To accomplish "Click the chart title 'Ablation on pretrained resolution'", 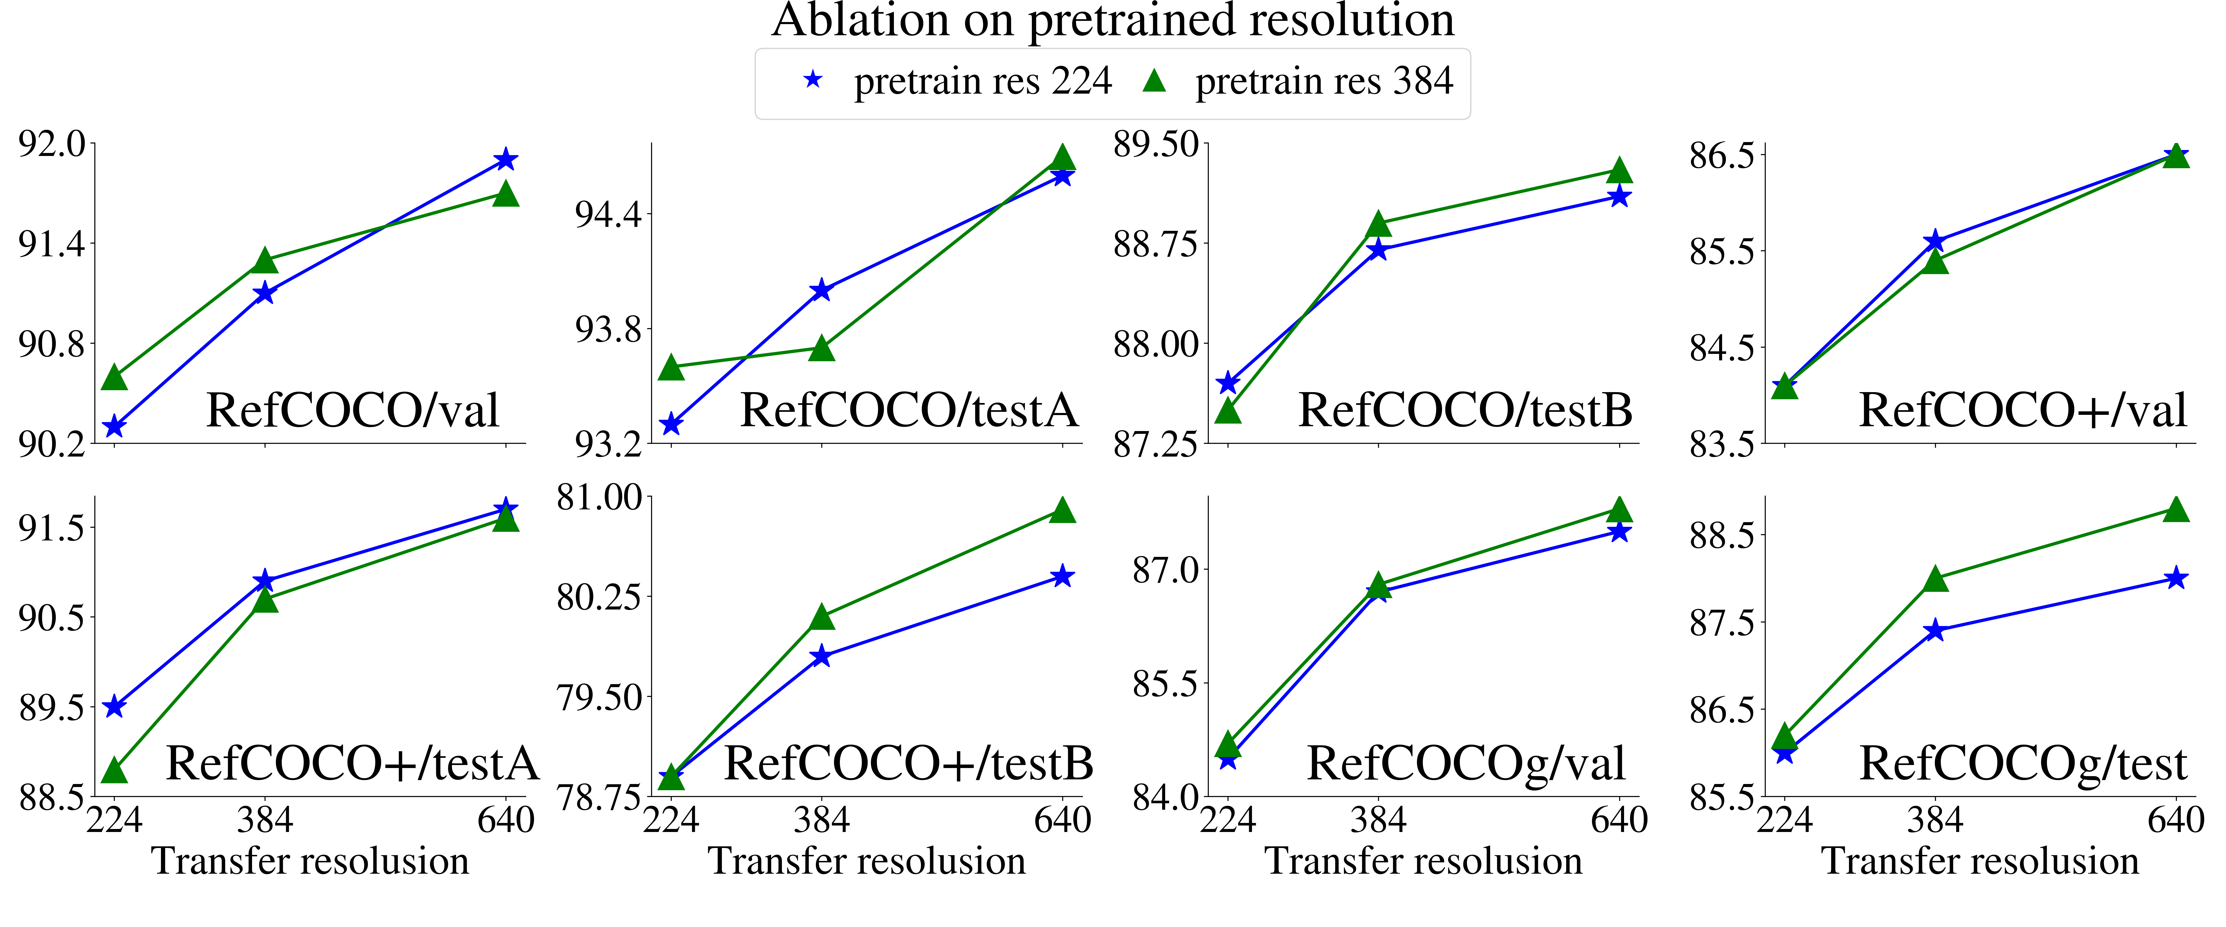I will pyautogui.click(x=1113, y=21).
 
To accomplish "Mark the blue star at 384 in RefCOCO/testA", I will pyautogui.click(x=822, y=290).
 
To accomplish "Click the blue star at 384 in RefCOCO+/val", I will pyautogui.click(x=1936, y=241).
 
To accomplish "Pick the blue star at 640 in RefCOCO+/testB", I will pyautogui.click(x=1063, y=576).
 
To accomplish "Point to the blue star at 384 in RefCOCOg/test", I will pyautogui.click(x=1936, y=631).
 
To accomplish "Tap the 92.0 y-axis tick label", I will pyautogui.click(x=52, y=143).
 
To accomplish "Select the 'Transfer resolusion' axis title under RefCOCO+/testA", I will pyautogui.click(x=310, y=861).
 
